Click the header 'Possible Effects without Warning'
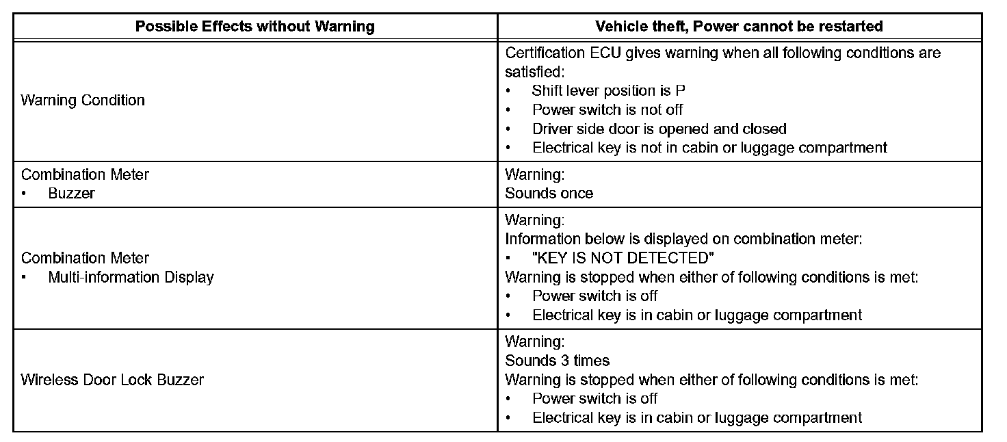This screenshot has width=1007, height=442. pos(254,27)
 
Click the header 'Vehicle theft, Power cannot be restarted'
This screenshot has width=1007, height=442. pos(739,27)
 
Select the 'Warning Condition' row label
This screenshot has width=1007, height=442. pos(83,101)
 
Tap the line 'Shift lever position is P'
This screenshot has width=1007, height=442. pos(609,90)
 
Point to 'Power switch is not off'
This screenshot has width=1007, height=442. pos(607,109)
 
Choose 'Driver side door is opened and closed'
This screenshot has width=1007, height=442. pos(659,129)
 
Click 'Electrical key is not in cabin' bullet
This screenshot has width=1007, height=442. pos(709,148)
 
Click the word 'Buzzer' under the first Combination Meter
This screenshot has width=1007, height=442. pos(72,194)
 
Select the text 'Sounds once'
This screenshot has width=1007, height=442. pos(549,194)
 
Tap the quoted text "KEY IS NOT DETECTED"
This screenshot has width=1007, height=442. pos(623,258)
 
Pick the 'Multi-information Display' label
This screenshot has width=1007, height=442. pos(131,277)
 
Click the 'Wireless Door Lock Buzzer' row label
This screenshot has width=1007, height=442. pos(112,380)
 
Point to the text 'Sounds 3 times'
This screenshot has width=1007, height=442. pos(557,361)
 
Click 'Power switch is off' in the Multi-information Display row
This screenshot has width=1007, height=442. pos(595,296)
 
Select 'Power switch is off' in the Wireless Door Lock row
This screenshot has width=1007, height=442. pos(595,398)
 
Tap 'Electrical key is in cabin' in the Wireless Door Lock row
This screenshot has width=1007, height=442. pos(697,417)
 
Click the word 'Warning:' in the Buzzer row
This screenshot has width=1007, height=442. pos(534,174)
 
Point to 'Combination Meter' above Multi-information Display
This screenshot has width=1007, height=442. pos(85,258)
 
